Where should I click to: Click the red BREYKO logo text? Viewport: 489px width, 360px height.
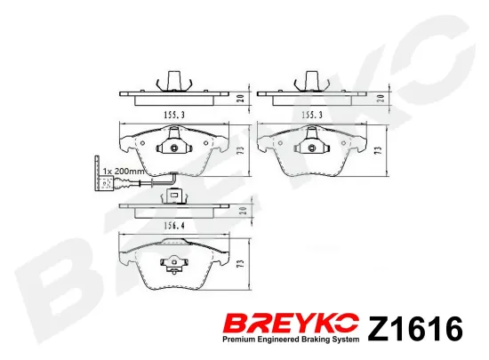coord(292,324)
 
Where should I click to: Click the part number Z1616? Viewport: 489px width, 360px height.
coord(416,328)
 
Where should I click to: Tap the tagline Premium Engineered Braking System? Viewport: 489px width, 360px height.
coord(291,340)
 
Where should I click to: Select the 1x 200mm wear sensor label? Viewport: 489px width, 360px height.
coord(124,172)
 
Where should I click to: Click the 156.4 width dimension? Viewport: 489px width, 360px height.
coord(174,226)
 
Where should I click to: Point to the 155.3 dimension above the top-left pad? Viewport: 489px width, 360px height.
coord(174,115)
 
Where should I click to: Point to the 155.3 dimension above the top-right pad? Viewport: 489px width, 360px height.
coord(312,115)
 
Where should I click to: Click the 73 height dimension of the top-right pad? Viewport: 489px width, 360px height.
coord(379,150)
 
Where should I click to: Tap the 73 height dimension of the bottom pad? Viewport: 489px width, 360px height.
coord(240,264)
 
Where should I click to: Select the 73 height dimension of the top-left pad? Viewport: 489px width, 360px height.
coord(240,150)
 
